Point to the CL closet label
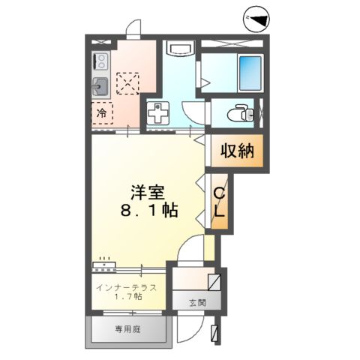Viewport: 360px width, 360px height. click(220, 204)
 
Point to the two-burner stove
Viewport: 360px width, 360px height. click(100, 60)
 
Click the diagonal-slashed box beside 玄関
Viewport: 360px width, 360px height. click(214, 283)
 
